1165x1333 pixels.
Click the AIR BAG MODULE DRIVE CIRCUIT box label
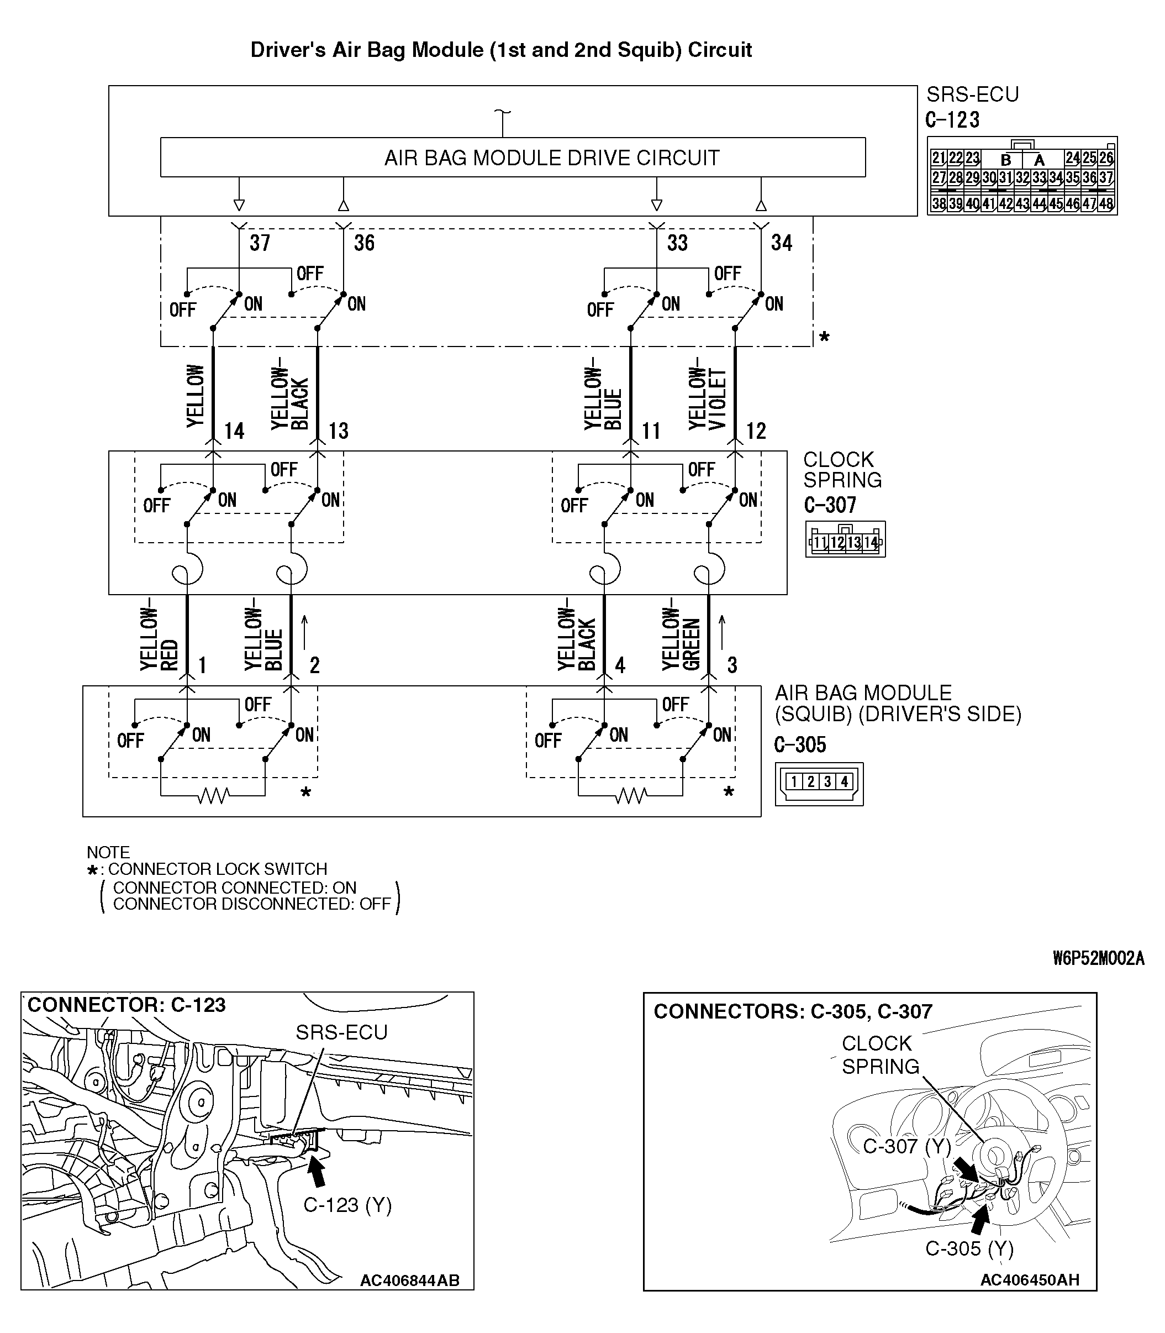click(x=551, y=158)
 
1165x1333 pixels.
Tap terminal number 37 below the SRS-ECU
click(x=260, y=243)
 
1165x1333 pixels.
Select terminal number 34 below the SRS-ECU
click(x=782, y=243)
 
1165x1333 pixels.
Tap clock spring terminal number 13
click(x=338, y=431)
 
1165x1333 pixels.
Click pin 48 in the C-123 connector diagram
click(x=1106, y=203)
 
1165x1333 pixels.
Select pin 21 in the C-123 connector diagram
click(x=938, y=158)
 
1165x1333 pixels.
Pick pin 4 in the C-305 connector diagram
click(x=844, y=781)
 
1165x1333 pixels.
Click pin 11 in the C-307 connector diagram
click(x=820, y=542)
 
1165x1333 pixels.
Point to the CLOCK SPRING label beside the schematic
click(x=842, y=469)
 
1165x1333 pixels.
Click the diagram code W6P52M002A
click(x=1098, y=958)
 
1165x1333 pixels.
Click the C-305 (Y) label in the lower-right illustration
click(x=969, y=1248)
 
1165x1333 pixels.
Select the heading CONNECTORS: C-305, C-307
click(x=793, y=1011)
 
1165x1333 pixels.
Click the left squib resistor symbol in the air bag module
click(x=213, y=795)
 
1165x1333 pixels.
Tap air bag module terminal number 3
click(x=732, y=664)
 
